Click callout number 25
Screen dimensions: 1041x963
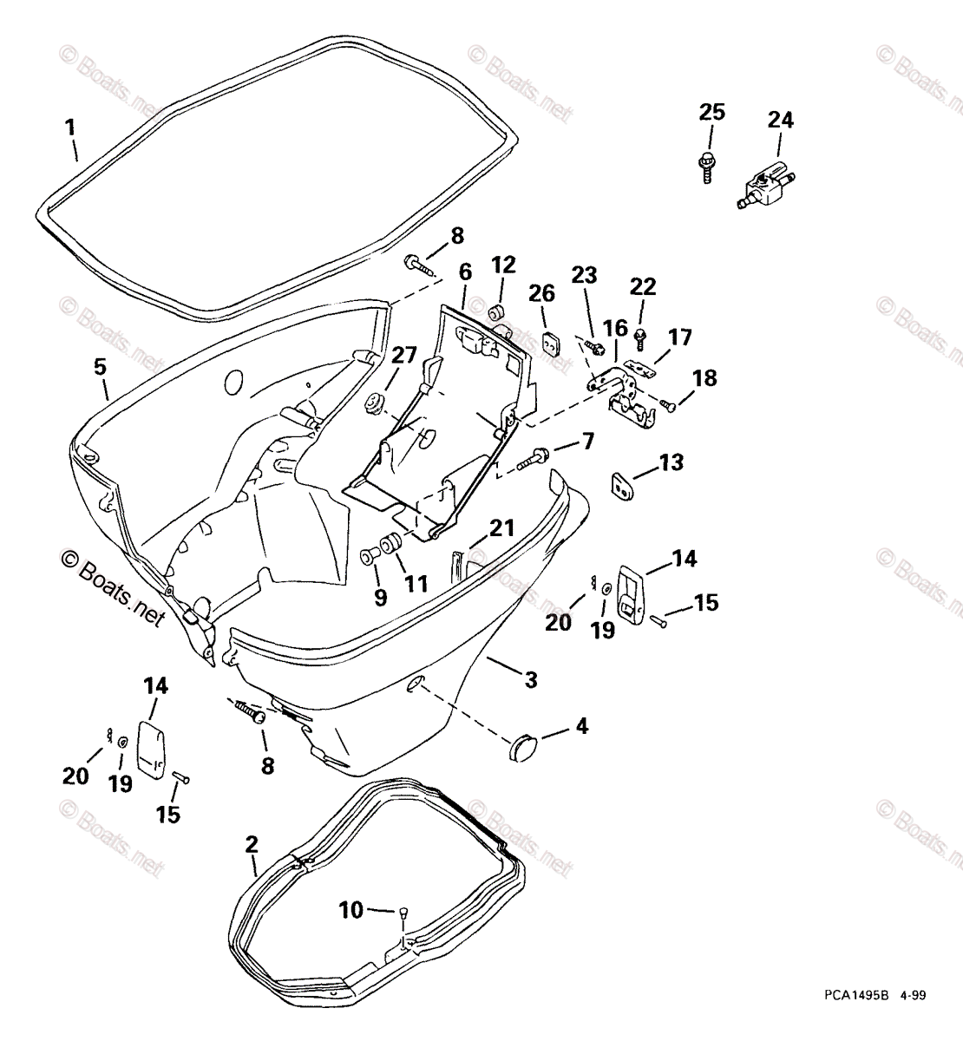pos(711,113)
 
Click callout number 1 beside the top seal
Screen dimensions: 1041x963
pos(69,128)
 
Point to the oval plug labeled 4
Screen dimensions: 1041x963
pos(523,746)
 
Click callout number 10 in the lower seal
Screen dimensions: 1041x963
pos(350,910)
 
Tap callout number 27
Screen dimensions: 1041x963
pos(404,356)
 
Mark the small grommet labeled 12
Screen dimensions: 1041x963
pos(499,311)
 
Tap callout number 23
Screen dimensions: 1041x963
pos(585,276)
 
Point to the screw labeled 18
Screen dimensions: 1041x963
pos(666,403)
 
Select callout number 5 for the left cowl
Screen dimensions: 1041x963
pos(101,367)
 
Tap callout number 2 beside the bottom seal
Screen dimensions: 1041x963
pos(252,844)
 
